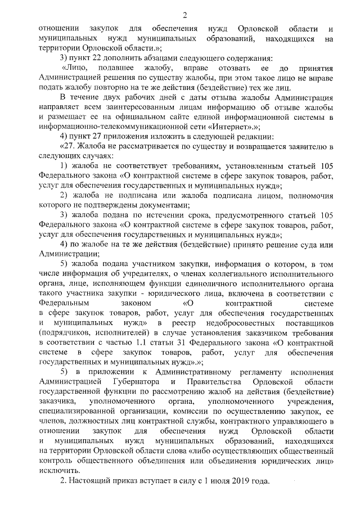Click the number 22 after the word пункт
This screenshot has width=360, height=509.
[x=100, y=58]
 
